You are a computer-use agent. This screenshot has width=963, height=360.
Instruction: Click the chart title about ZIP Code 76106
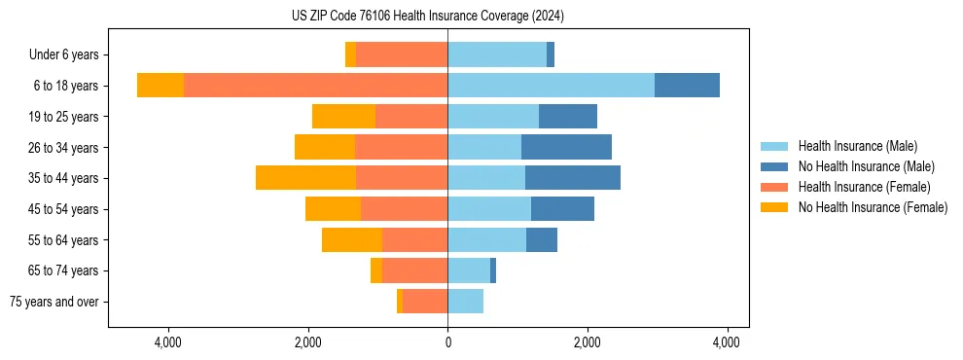(427, 17)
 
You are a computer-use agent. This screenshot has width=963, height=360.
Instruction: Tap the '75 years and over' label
(54, 302)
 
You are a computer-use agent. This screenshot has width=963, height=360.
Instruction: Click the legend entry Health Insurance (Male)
(857, 146)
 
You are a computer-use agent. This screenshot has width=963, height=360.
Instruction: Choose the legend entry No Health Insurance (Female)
(873, 207)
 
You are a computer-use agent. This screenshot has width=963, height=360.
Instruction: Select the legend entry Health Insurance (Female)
(864, 187)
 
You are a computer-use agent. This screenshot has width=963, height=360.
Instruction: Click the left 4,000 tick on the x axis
(168, 342)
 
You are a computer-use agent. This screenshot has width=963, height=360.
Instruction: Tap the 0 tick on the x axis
(447, 342)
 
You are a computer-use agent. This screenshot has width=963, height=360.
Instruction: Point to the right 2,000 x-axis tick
(588, 342)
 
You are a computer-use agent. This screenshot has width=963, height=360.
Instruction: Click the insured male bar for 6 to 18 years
(551, 86)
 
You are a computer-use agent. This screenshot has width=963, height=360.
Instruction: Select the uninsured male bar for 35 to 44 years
(573, 178)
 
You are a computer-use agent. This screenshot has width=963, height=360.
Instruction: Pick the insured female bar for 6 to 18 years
(315, 86)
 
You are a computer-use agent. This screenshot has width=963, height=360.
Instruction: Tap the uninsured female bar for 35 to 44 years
(305, 178)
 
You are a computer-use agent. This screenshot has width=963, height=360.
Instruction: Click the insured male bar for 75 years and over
(465, 302)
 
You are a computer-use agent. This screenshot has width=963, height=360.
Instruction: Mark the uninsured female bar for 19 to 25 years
(343, 117)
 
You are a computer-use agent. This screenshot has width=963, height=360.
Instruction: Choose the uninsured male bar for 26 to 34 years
(566, 147)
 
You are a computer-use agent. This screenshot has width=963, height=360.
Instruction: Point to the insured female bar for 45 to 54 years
(404, 209)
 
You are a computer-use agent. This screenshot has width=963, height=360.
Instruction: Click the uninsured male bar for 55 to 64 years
(542, 239)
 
